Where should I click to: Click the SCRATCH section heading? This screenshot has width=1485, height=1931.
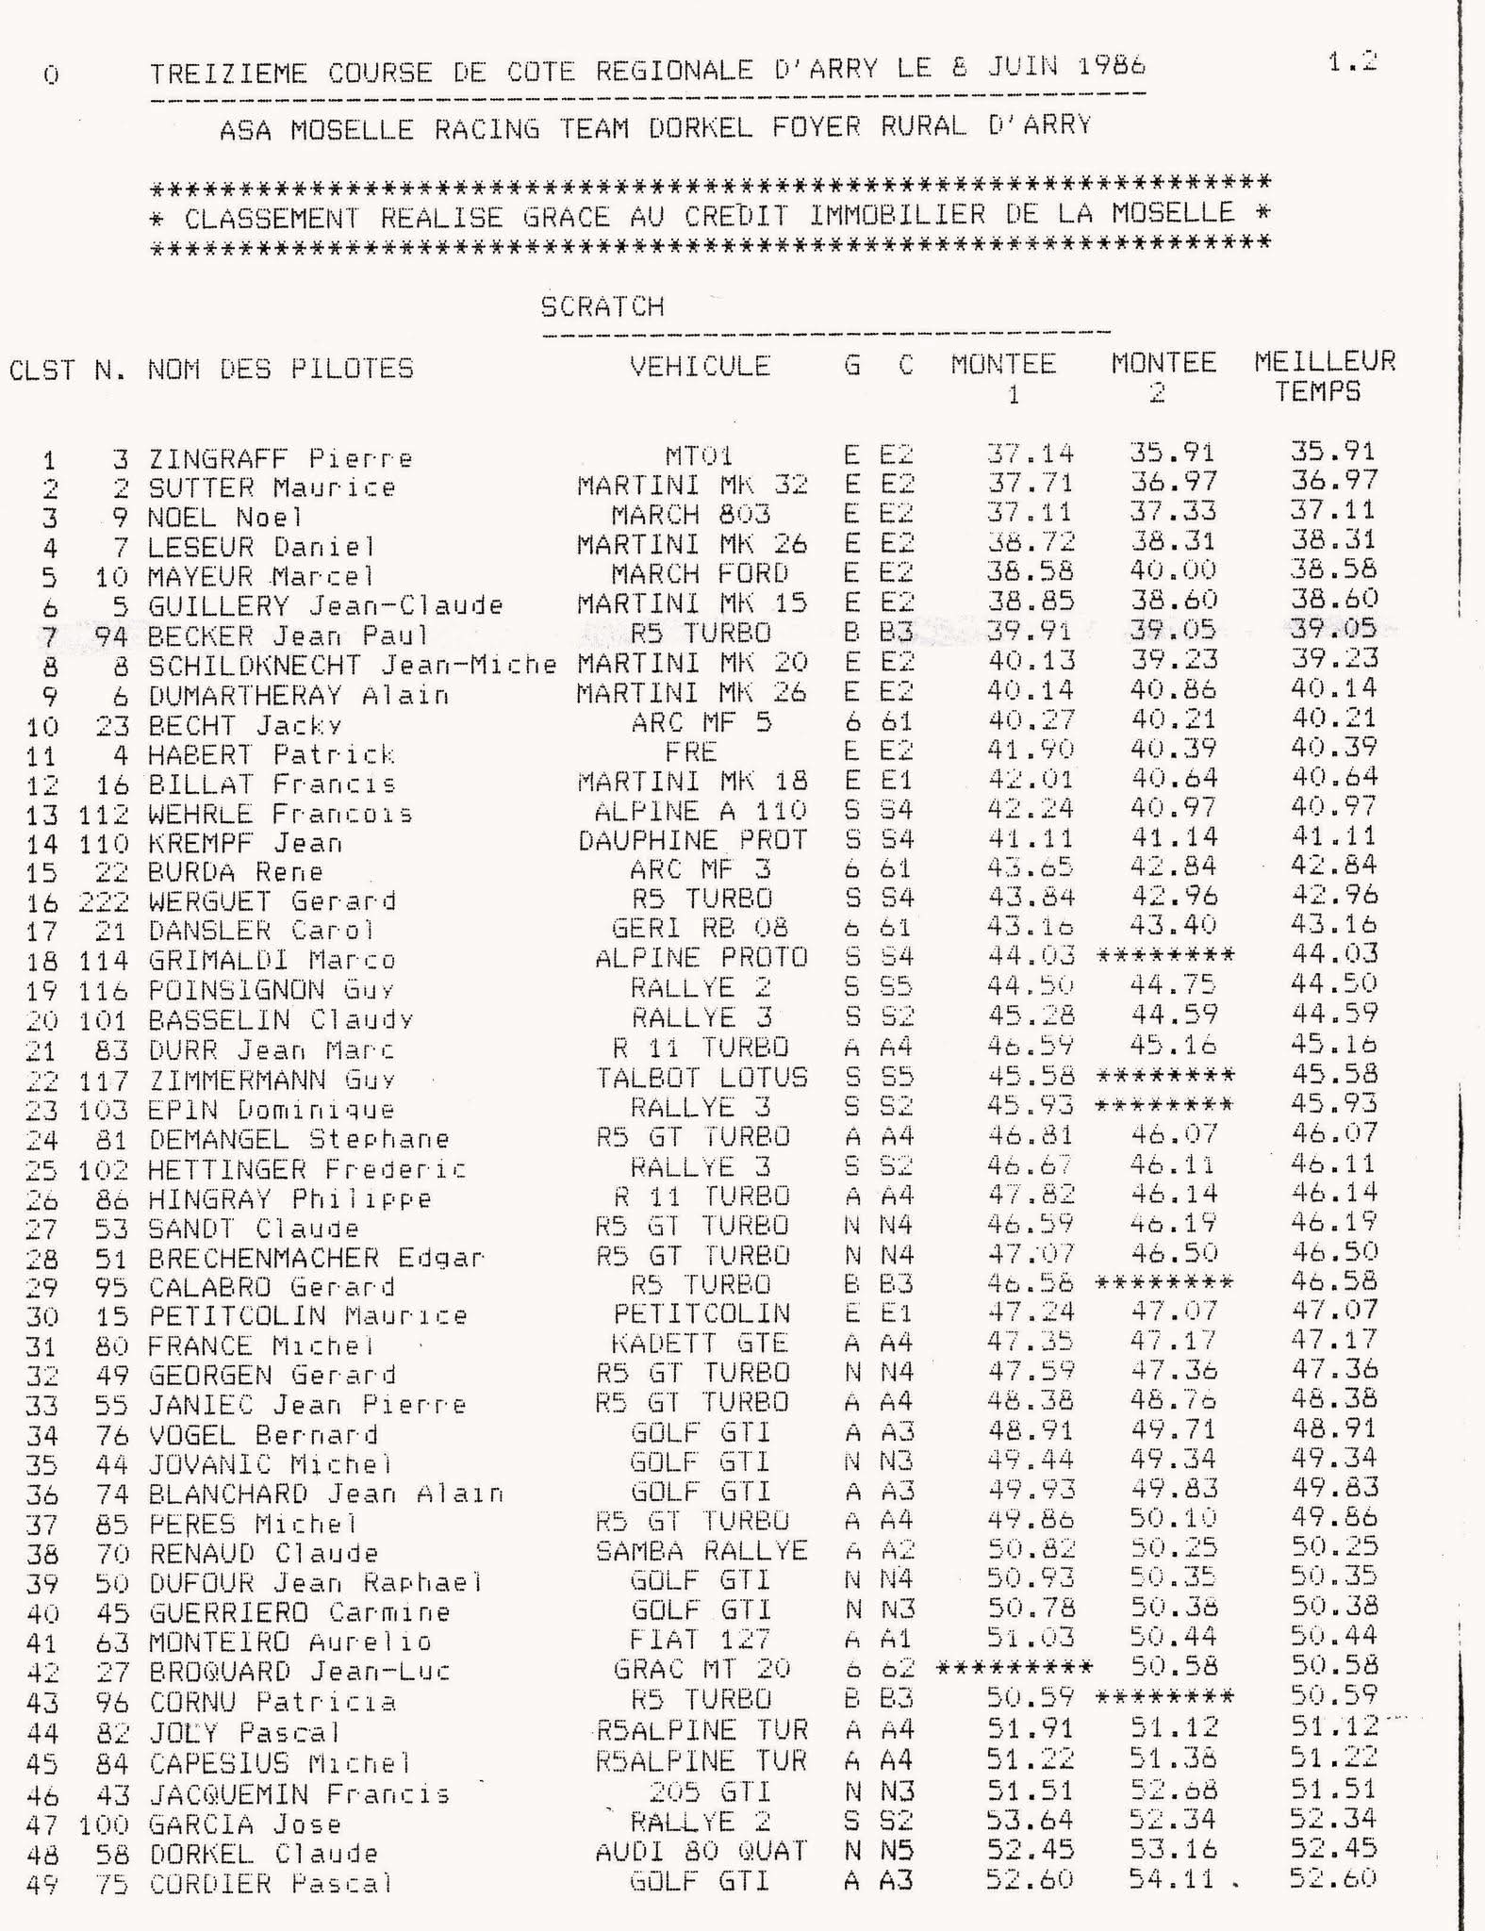(x=602, y=306)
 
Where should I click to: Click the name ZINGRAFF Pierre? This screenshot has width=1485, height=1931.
(x=280, y=459)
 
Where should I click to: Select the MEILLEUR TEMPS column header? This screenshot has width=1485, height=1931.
(x=1324, y=375)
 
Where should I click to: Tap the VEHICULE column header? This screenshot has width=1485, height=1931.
(x=700, y=366)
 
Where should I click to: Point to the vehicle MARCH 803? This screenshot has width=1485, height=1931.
(x=690, y=515)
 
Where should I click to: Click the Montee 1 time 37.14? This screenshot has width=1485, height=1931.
(x=1031, y=454)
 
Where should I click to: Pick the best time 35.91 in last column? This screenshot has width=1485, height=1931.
(x=1333, y=451)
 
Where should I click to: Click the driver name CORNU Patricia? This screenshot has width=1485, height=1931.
(x=272, y=1703)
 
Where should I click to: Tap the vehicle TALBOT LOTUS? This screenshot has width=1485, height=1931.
(x=701, y=1077)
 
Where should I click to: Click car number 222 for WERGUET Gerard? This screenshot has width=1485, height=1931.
(x=104, y=901)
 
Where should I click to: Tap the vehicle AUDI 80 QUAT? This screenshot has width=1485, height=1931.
(x=701, y=1852)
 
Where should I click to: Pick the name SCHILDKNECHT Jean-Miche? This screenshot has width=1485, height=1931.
(x=352, y=666)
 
